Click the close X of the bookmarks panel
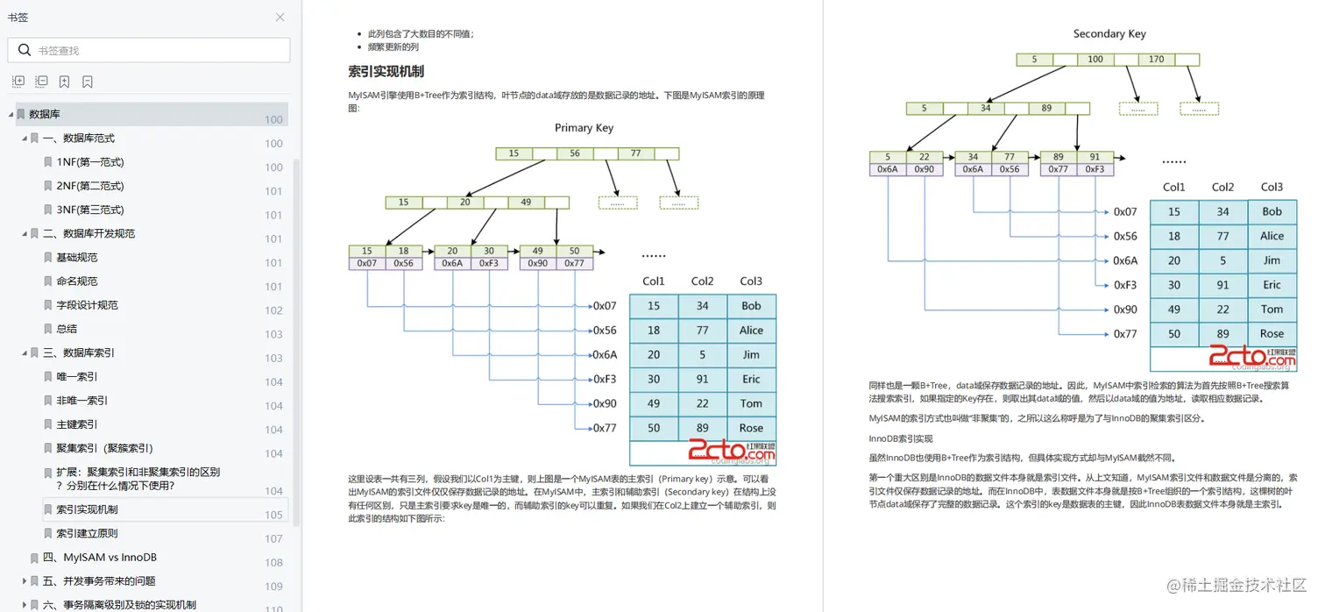[x=280, y=18]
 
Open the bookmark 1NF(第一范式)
[x=90, y=162]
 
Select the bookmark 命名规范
[x=77, y=281]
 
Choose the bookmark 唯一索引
[x=77, y=377]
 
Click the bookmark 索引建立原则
[x=87, y=534]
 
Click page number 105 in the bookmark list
[x=273, y=515]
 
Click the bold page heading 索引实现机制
[x=386, y=71]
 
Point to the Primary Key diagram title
[x=584, y=128]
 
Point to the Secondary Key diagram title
[x=1109, y=34]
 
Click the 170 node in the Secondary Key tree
[x=1157, y=60]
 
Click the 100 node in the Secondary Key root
[x=1095, y=60]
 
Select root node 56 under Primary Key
[x=575, y=153]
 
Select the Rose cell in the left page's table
[x=751, y=429]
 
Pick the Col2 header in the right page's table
[x=1222, y=188]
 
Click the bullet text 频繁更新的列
[x=393, y=47]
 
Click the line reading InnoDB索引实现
[x=901, y=438]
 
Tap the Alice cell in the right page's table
[x=1272, y=237]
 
